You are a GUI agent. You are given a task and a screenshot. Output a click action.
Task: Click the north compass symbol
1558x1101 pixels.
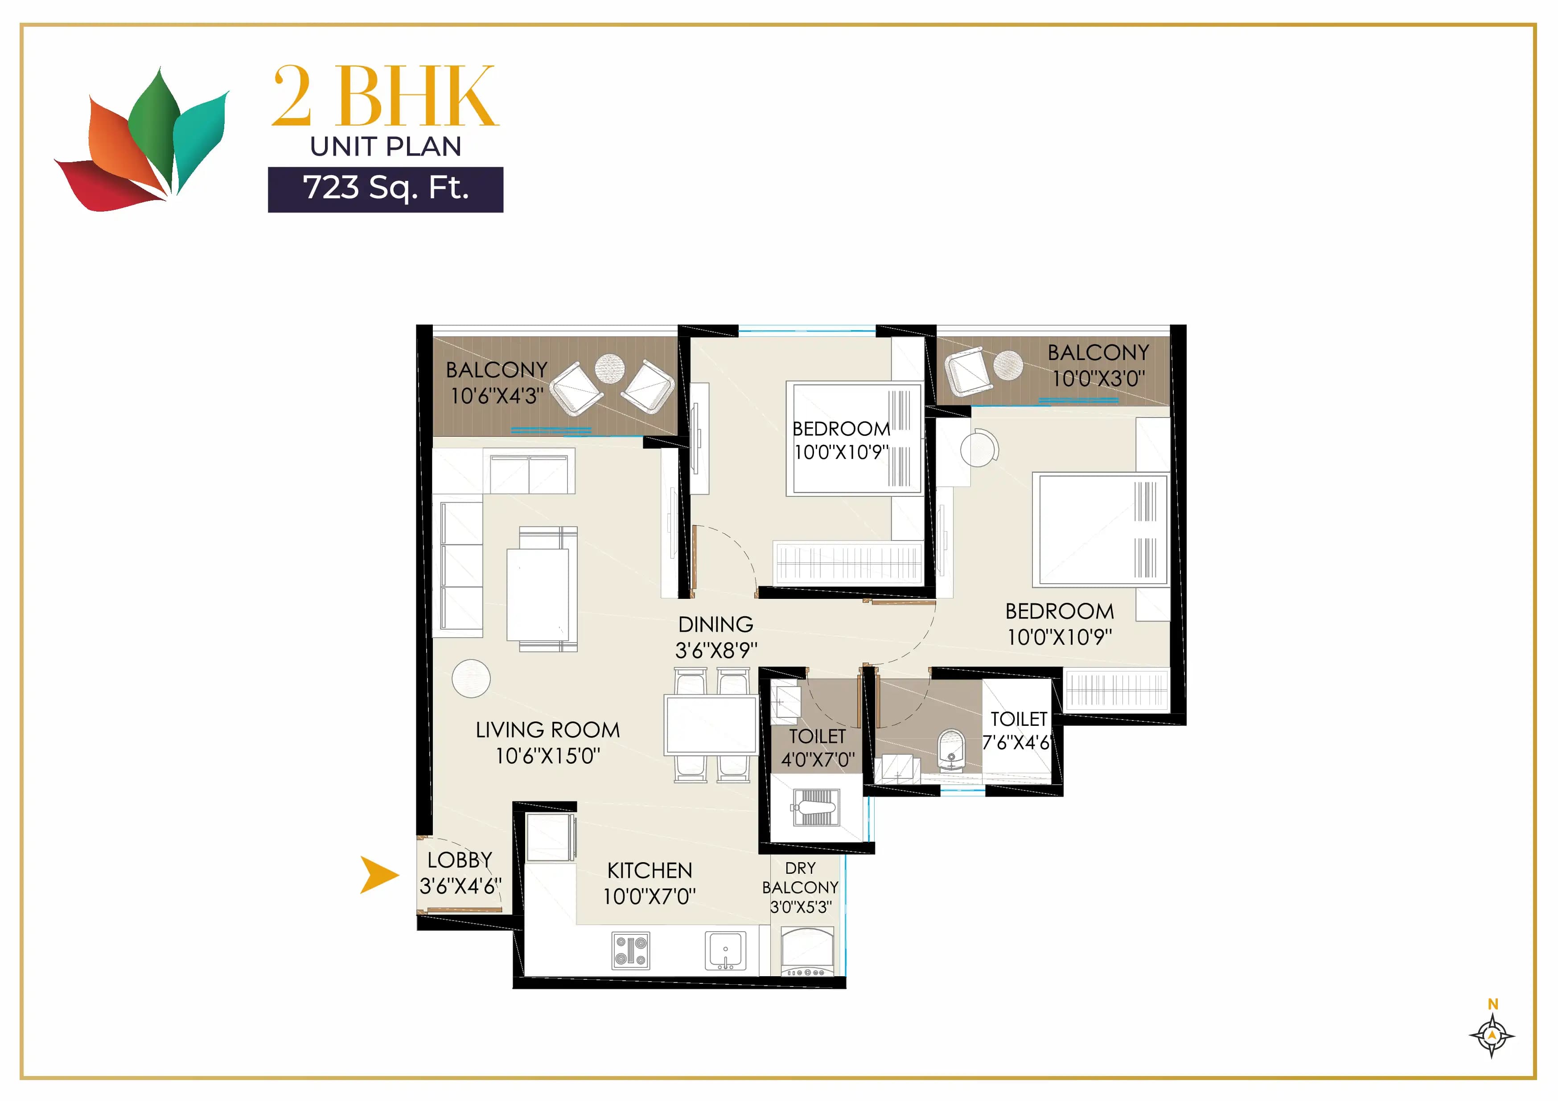pyautogui.click(x=1492, y=1035)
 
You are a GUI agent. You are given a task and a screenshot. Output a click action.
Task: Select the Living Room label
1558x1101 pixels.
pyautogui.click(x=547, y=730)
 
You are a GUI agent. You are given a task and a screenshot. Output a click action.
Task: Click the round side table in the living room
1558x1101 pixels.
pyautogui.click(x=471, y=678)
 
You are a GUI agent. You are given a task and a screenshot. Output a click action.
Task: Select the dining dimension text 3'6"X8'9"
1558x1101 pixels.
pyautogui.click(x=716, y=651)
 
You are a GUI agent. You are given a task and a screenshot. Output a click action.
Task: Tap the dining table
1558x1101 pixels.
pyautogui.click(x=711, y=724)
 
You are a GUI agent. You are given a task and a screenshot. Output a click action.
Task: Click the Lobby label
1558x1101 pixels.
pyautogui.click(x=460, y=860)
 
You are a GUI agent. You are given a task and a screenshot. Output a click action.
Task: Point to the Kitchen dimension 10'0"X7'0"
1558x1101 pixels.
pyautogui.click(x=650, y=897)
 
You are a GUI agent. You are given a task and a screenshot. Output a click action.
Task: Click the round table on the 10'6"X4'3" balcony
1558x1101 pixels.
pyautogui.click(x=609, y=369)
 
